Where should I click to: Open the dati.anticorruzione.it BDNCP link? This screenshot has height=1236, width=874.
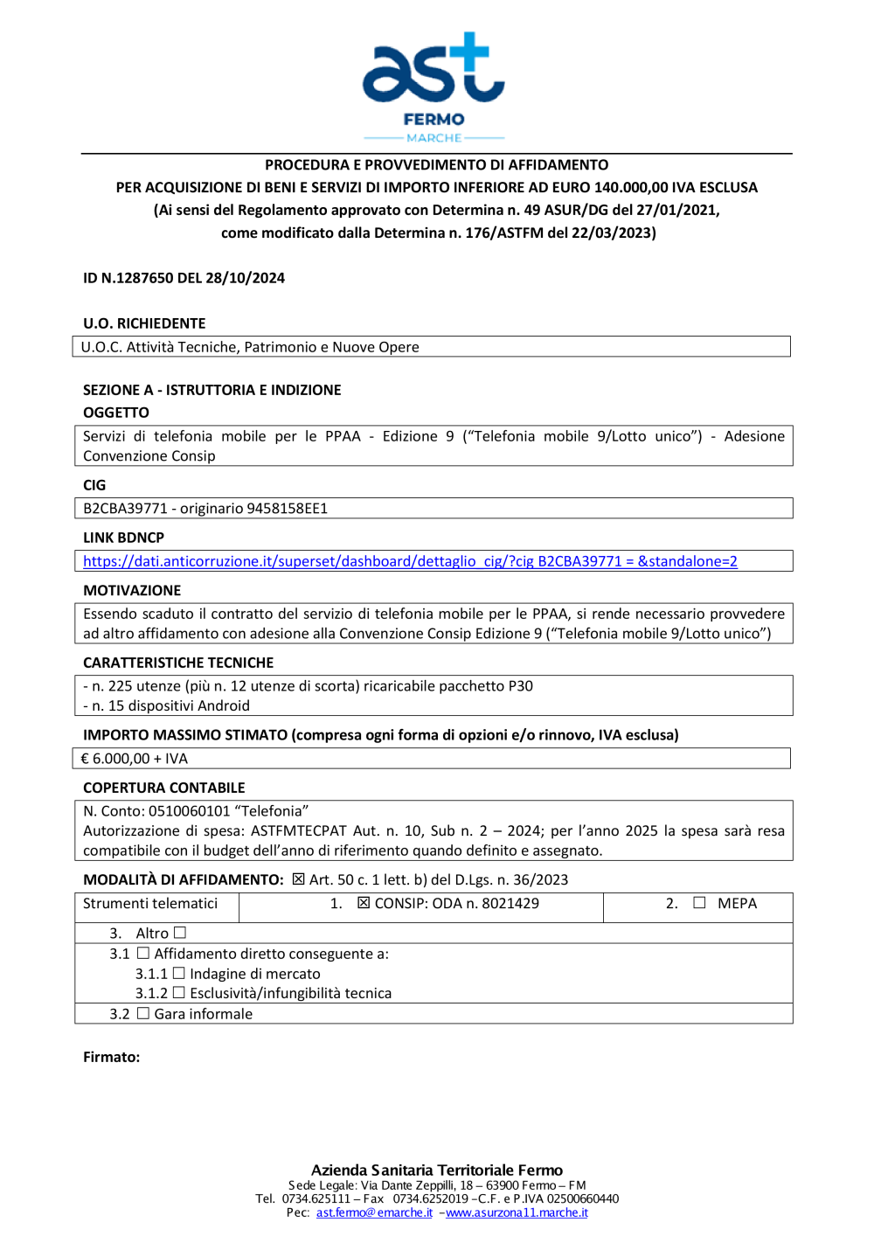(x=410, y=561)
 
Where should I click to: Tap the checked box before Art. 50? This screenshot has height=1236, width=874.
(x=299, y=879)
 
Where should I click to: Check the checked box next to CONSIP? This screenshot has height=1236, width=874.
(x=364, y=903)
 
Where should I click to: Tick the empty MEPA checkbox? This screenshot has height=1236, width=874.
(x=699, y=903)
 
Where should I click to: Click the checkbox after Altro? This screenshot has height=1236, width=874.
(x=180, y=933)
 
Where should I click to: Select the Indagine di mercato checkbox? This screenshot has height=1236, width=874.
(x=179, y=973)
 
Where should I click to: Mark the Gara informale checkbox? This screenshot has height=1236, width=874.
(x=143, y=1013)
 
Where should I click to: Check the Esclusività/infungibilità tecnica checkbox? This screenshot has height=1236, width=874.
(x=179, y=992)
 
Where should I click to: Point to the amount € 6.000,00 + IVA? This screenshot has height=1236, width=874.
(x=135, y=759)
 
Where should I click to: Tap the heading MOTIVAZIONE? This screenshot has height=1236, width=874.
(x=132, y=590)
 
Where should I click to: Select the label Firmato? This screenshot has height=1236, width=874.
(x=111, y=1057)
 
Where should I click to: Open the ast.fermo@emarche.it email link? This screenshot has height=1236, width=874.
(x=374, y=1212)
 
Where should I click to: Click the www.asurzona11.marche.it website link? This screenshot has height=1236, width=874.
(x=517, y=1212)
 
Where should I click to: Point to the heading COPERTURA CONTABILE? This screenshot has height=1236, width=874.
(x=164, y=788)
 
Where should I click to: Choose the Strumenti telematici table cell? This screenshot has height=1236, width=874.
(x=150, y=904)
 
